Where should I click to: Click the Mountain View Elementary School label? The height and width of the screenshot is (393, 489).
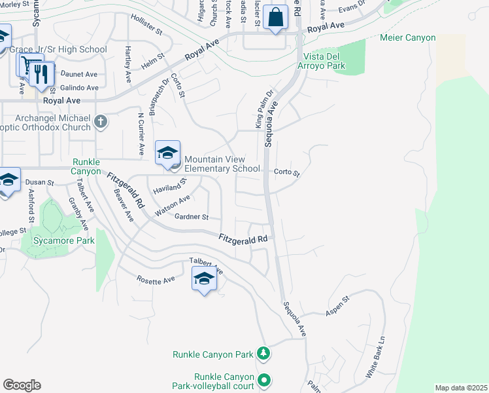pos(222,164)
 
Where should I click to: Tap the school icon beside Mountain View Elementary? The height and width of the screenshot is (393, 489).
pos(167,153)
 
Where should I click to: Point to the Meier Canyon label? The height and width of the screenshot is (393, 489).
pos(407,37)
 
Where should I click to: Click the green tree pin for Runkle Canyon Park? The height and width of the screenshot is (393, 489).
pos(263,354)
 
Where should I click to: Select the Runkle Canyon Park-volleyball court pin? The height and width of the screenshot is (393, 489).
pos(264,380)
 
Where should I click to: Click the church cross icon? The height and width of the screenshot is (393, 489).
pos(101,121)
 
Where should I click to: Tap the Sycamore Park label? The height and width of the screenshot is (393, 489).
pos(65,240)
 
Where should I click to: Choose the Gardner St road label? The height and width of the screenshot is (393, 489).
pos(191,217)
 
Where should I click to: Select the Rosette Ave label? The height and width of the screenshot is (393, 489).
pos(156,280)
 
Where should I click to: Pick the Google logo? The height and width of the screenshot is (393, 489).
pos(22,385)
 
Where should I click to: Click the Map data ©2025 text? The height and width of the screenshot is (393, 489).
pos(460,388)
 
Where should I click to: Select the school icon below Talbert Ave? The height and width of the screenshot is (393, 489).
pos(204,280)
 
